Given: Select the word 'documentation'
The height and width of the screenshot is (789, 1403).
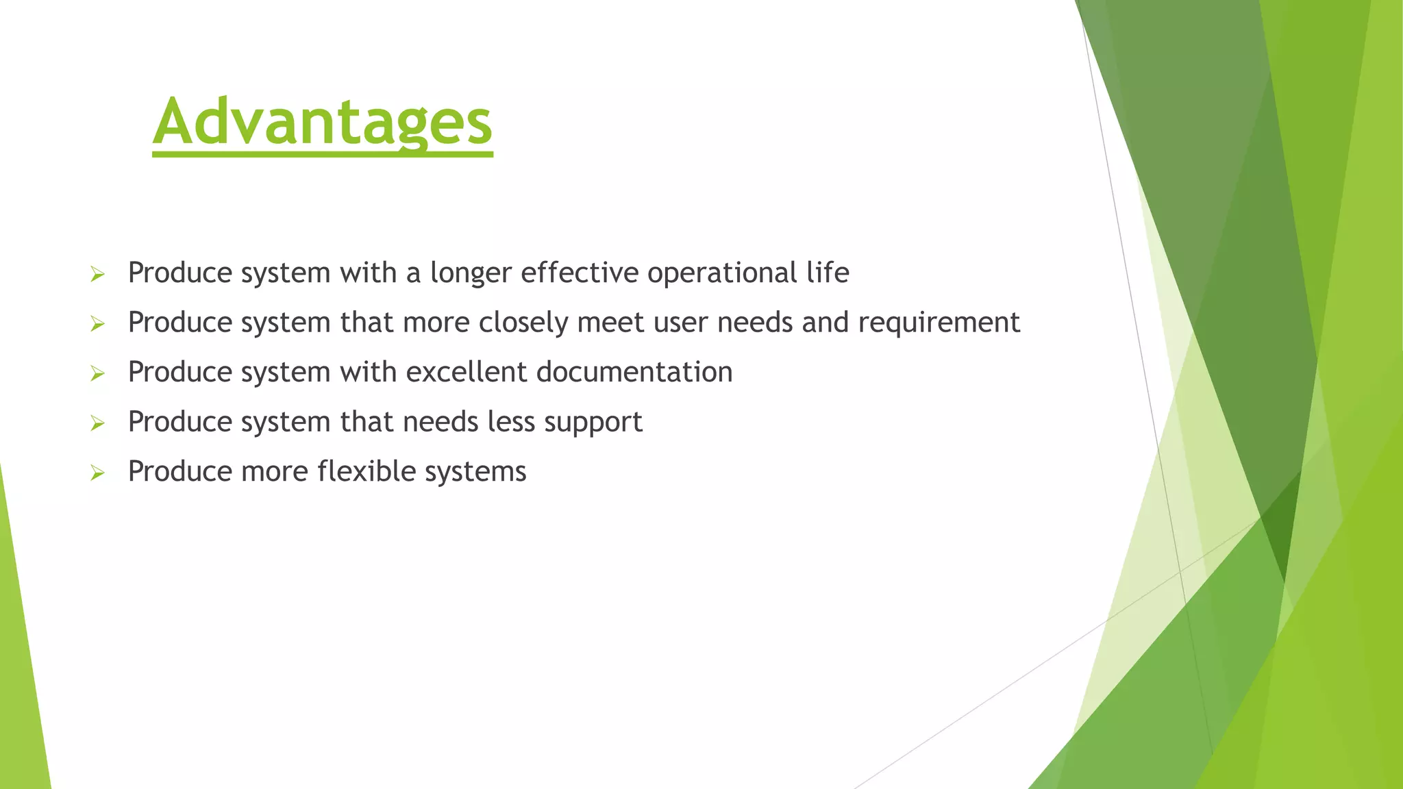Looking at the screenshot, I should tap(634, 372).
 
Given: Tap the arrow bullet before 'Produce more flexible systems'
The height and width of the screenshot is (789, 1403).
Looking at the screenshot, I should tap(97, 473).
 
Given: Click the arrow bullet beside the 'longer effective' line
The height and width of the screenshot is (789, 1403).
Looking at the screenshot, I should tap(97, 275).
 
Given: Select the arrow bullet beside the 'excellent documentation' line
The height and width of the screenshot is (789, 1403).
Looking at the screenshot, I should tap(97, 374).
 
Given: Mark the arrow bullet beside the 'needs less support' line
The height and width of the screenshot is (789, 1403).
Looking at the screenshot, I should tap(97, 423).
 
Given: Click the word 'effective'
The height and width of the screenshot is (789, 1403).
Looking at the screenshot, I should tap(580, 273).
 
